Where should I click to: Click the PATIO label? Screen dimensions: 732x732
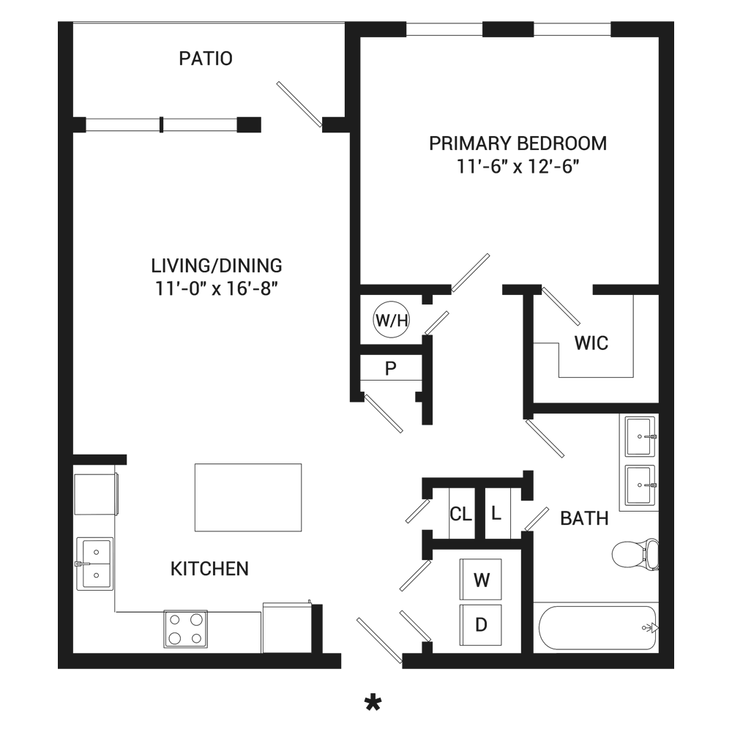(206, 59)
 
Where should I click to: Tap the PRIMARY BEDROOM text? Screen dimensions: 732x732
(518, 143)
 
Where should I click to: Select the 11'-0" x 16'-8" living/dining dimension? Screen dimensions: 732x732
(216, 288)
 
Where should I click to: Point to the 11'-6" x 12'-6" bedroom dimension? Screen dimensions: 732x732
(518, 166)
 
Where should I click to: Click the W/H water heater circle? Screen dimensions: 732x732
(391, 321)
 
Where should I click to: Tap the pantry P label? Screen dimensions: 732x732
(391, 369)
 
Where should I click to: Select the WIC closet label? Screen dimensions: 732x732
(591, 343)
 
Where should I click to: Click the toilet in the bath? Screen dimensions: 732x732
(635, 554)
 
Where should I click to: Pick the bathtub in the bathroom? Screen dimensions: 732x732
(598, 627)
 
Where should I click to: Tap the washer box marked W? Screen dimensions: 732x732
(481, 579)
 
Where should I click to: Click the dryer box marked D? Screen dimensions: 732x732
(481, 624)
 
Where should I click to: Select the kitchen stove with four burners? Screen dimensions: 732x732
(185, 628)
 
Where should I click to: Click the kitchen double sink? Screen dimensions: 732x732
(94, 564)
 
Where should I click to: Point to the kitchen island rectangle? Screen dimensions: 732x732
(248, 497)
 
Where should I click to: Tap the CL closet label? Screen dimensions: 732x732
(460, 514)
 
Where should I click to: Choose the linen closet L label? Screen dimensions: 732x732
(496, 514)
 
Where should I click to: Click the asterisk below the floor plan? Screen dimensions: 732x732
(373, 702)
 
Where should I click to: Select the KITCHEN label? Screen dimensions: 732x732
(209, 569)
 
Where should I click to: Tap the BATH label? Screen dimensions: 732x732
(584, 519)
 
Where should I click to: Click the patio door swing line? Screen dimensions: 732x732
(299, 104)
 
